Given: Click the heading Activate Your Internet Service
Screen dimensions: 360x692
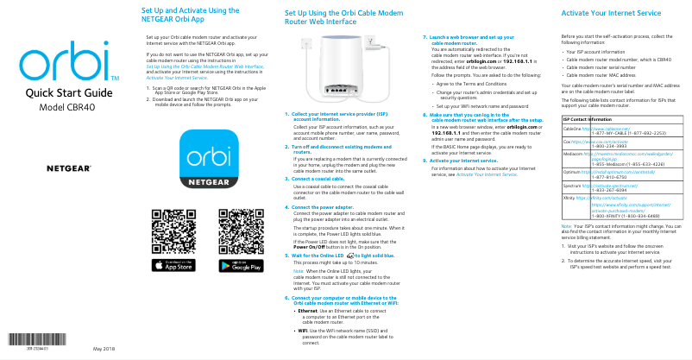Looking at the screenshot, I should [611, 15].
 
